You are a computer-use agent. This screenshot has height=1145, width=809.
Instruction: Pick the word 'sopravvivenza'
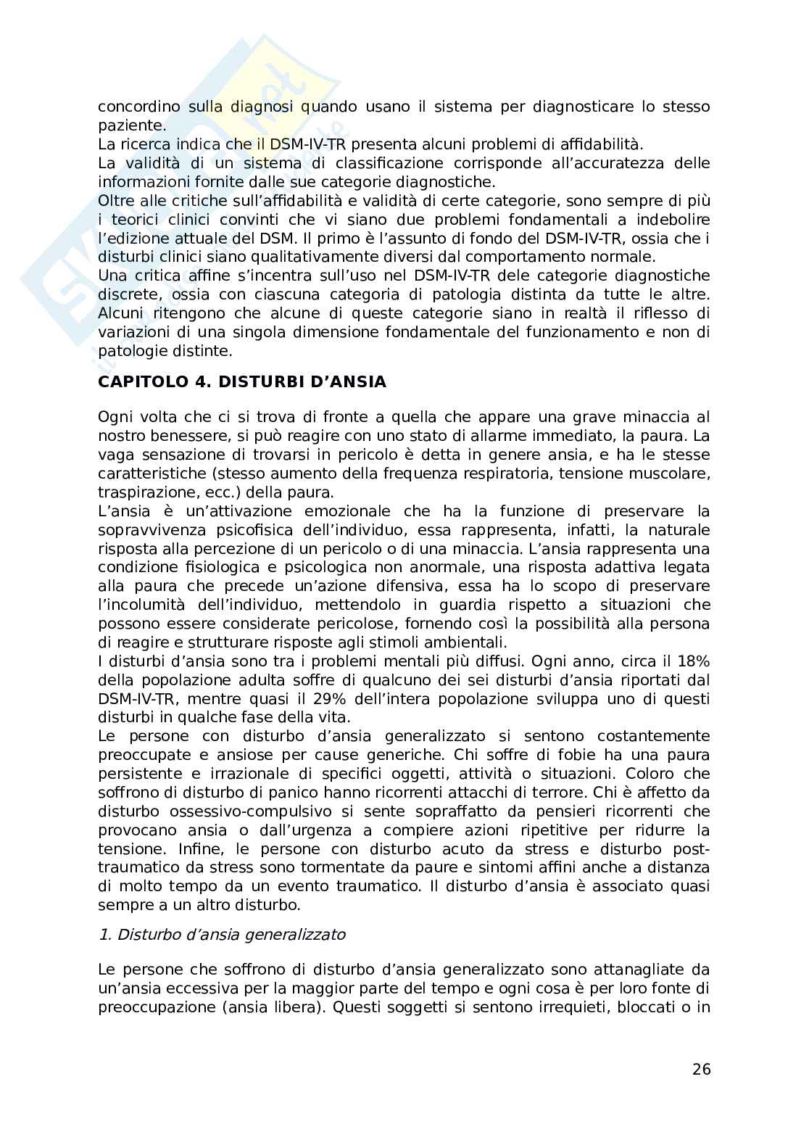(x=141, y=530)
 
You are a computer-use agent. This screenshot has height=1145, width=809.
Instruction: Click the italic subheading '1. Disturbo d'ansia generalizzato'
(x=222, y=935)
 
